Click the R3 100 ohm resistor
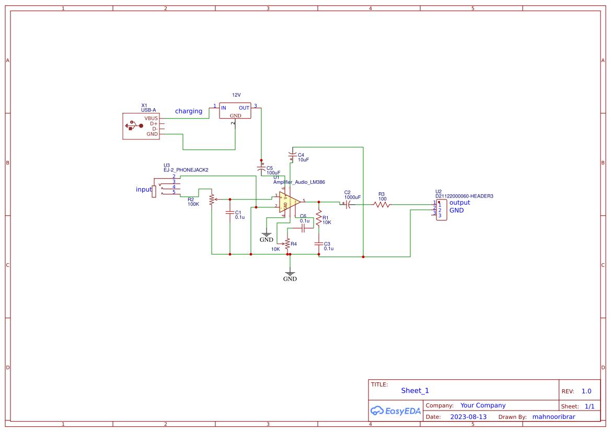click(382, 205)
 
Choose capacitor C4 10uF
click(292, 156)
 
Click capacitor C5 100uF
click(261, 168)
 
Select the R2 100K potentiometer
click(211, 199)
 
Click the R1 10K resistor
click(318, 218)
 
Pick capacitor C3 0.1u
click(318, 244)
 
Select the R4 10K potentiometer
click(287, 243)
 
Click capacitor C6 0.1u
click(303, 229)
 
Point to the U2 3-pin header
click(442, 209)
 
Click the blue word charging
click(189, 111)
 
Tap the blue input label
click(144, 190)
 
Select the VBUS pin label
click(151, 119)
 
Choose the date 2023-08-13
click(468, 417)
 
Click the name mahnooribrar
click(554, 417)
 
